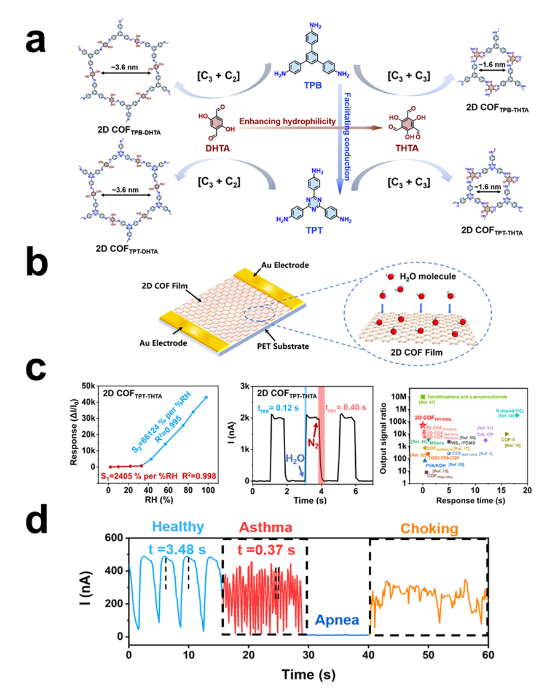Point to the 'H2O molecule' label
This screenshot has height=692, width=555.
pyautogui.click(x=455, y=277)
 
